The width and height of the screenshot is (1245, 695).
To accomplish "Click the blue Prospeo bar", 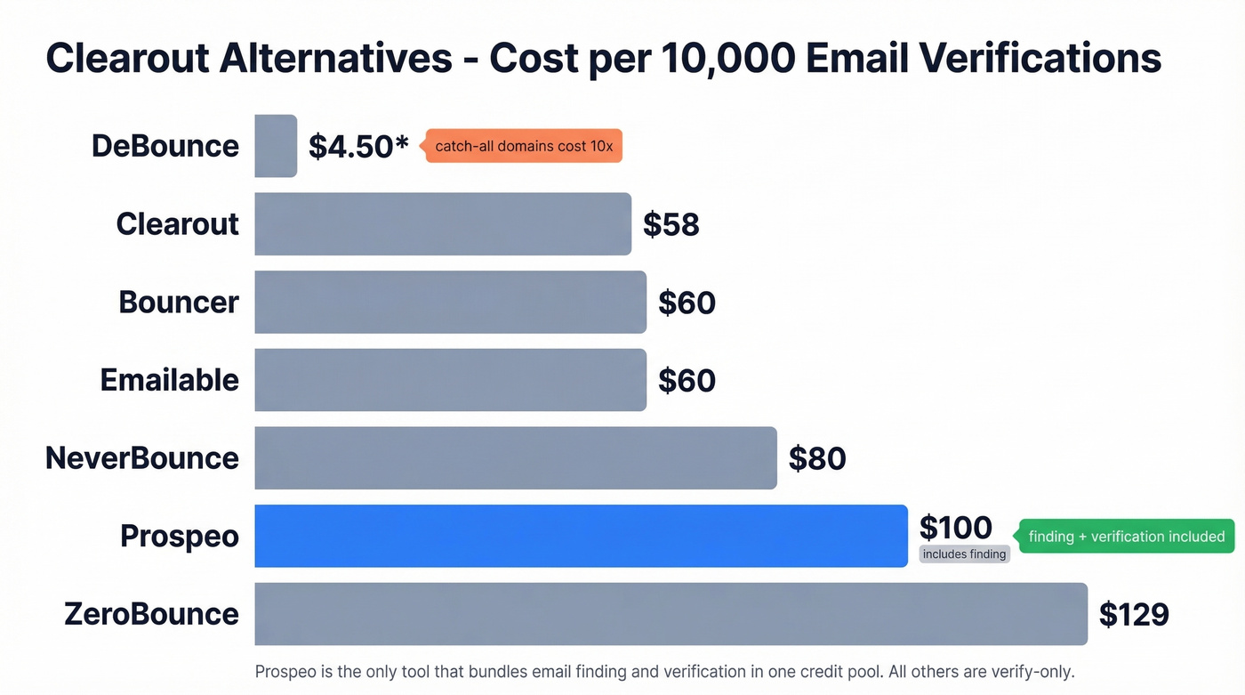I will pyautogui.click(x=581, y=536).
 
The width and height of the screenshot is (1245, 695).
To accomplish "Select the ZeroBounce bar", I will pyautogui.click(x=671, y=614).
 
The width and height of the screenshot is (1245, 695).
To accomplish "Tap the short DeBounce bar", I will pyautogui.click(x=276, y=146).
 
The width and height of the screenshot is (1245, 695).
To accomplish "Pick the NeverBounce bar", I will pyautogui.click(x=516, y=458).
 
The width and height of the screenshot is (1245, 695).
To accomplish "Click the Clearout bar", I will pyautogui.click(x=443, y=224).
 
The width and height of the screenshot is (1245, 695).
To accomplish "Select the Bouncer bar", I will pyautogui.click(x=450, y=303).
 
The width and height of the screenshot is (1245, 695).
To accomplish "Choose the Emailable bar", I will pyautogui.click(x=450, y=380).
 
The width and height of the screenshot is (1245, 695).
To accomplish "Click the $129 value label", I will pyautogui.click(x=1134, y=614).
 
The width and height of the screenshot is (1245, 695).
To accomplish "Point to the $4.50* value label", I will pyautogui.click(x=358, y=146).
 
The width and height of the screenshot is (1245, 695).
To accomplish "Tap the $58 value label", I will pyautogui.click(x=671, y=225).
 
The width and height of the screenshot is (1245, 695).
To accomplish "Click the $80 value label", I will pyautogui.click(x=817, y=458).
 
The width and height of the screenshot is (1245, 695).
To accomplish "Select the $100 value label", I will pyautogui.click(x=955, y=528).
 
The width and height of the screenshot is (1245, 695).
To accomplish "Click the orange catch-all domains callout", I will pyautogui.click(x=524, y=146).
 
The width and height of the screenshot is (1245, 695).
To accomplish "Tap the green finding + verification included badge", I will pyautogui.click(x=1126, y=537).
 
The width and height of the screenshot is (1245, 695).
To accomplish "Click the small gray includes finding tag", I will pyautogui.click(x=964, y=554).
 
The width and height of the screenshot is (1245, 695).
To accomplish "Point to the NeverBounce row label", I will pyautogui.click(x=142, y=458).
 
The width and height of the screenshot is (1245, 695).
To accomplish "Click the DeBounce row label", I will pyautogui.click(x=165, y=146).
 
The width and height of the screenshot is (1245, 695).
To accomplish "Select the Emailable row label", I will pyautogui.click(x=169, y=380).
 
